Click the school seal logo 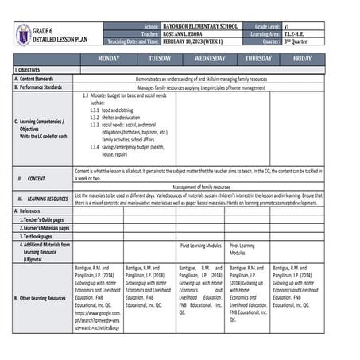tap(23, 34)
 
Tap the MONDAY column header tap(108, 59)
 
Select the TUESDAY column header tap(159, 59)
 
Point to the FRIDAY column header tap(302, 59)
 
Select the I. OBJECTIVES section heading tap(29, 71)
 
